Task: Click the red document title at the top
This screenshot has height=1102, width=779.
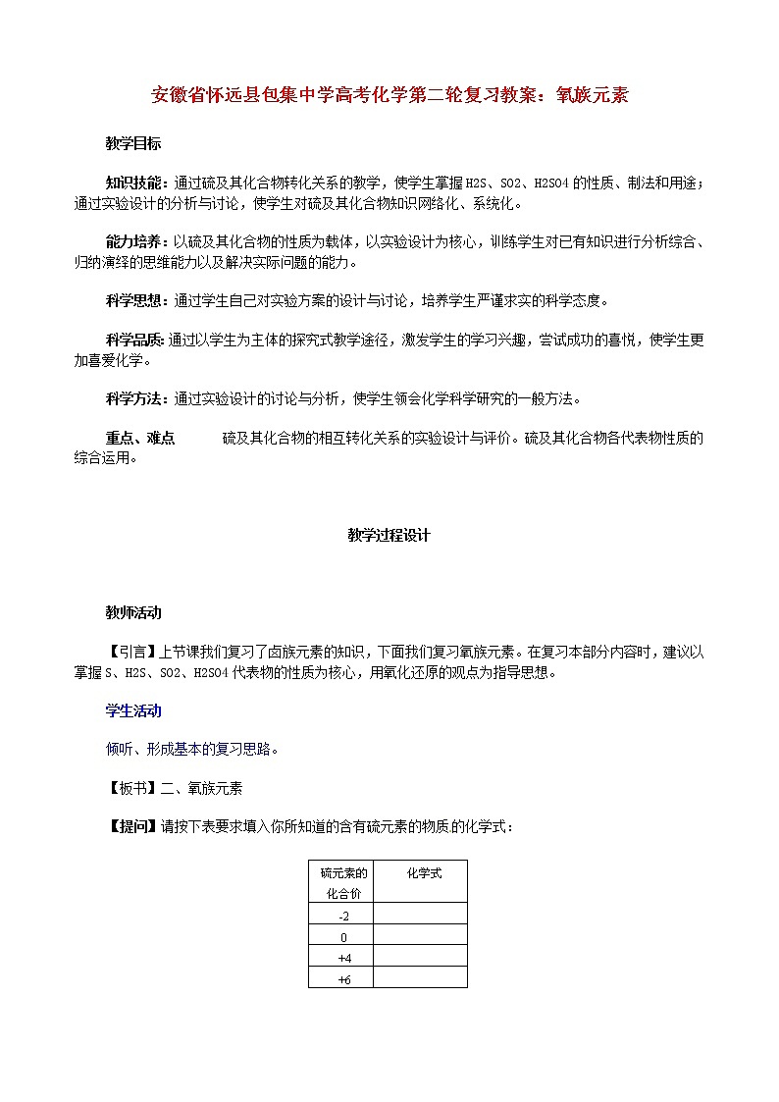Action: pos(389,95)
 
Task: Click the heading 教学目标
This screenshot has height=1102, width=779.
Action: pos(133,143)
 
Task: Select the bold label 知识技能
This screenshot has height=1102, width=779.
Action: pos(135,184)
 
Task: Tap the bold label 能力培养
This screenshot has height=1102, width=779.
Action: pos(135,242)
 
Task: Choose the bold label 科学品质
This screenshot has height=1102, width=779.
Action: pos(135,341)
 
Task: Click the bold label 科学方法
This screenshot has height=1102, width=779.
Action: pos(135,398)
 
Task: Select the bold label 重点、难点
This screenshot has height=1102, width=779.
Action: pos(140,438)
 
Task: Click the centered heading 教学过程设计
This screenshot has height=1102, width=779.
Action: pos(389,536)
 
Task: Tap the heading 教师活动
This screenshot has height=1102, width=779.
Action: pos(133,612)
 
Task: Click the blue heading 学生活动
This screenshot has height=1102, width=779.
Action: pos(133,710)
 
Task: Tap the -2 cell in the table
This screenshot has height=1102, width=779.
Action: pos(343,916)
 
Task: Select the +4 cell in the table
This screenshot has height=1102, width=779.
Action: pos(343,958)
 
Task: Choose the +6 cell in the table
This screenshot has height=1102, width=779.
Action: pos(343,979)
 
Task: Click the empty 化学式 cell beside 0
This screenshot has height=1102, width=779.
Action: pos(420,937)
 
